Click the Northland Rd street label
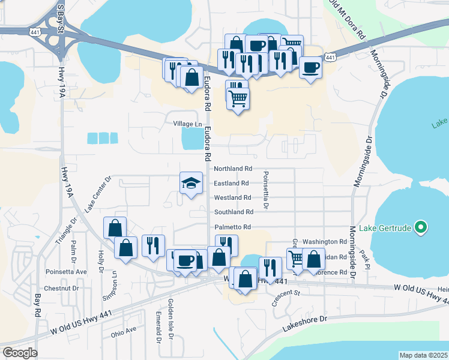click(233, 169)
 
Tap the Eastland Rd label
click(231, 184)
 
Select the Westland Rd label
click(232, 198)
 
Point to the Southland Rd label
click(234, 212)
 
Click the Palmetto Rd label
click(232, 227)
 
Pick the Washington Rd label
click(325, 242)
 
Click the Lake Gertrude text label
click(385, 228)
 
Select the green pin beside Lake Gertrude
click(421, 227)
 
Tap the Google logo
click(20, 353)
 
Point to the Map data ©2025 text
click(424, 355)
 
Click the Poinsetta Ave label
click(66, 271)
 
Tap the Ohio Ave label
click(123, 330)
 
